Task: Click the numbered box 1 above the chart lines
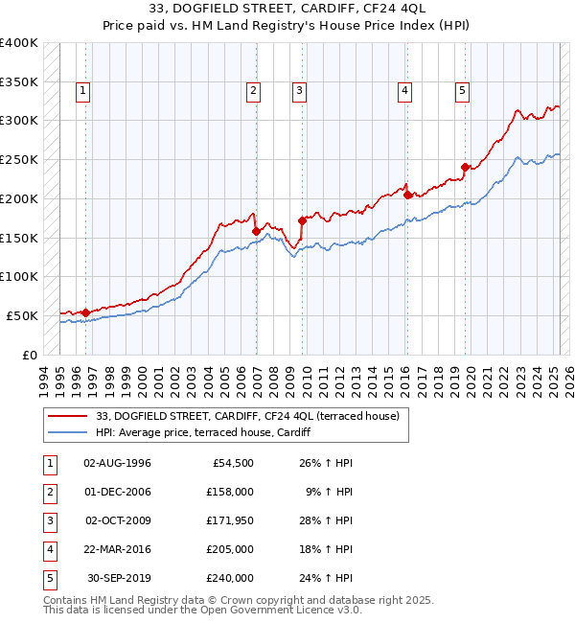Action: [83, 91]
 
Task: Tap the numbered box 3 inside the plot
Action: [299, 91]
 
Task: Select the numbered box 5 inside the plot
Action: [462, 91]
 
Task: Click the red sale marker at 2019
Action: [465, 167]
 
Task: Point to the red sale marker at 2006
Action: [256, 231]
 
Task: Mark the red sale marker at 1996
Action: [86, 311]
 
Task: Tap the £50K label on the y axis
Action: [22, 315]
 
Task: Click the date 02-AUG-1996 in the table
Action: [118, 463]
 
